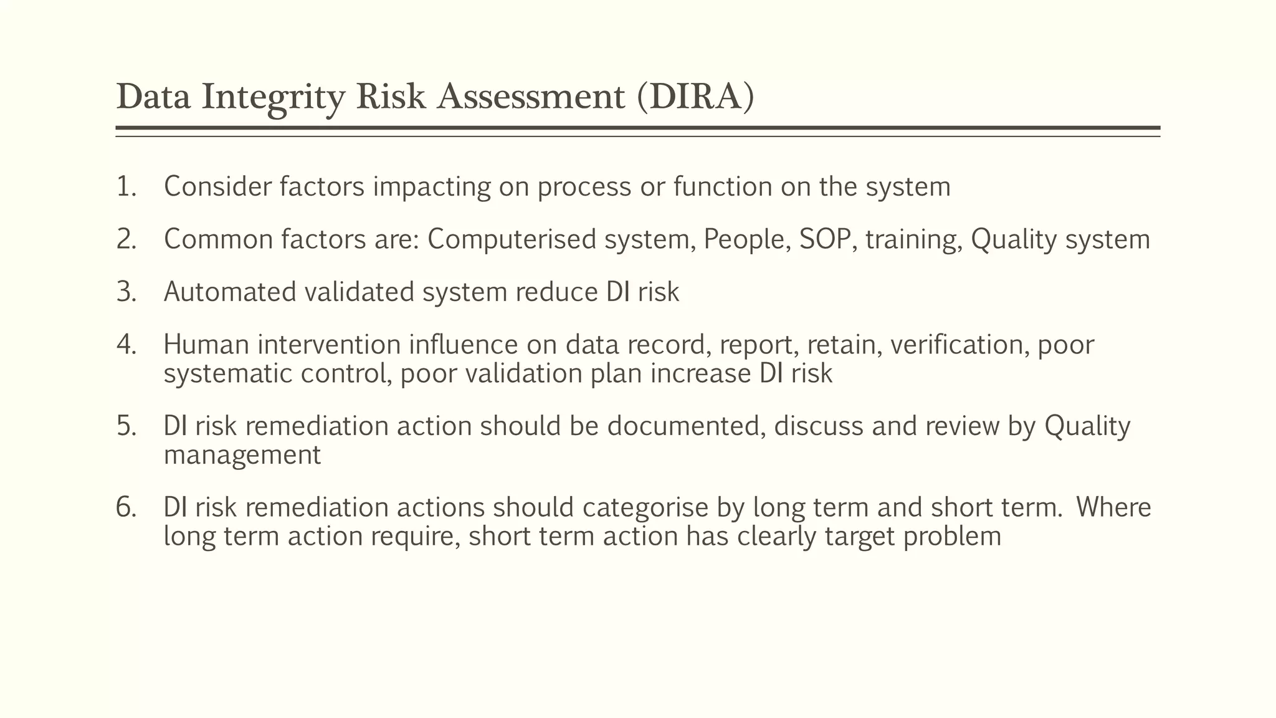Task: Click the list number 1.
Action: click(126, 187)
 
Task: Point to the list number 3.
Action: click(126, 292)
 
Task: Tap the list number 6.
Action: click(126, 507)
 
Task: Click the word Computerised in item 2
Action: click(512, 240)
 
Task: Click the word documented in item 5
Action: click(686, 426)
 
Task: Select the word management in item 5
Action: click(242, 455)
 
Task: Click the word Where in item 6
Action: click(1113, 507)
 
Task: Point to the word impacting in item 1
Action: click(432, 187)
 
